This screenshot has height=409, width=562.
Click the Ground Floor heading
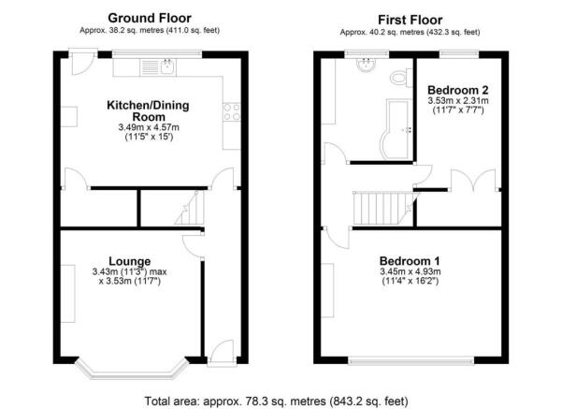pos(150,17)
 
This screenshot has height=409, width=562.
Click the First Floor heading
pos(410,19)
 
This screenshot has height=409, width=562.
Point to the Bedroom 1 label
pos(410,260)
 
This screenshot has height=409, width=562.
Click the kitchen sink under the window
pos(159,66)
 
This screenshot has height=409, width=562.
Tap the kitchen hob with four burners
pos(230,113)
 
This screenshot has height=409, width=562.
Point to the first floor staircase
pos(381,207)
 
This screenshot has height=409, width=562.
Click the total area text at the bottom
pos(277,400)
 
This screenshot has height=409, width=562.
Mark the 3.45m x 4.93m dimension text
pos(410,272)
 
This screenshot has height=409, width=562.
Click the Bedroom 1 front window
pos(411,359)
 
